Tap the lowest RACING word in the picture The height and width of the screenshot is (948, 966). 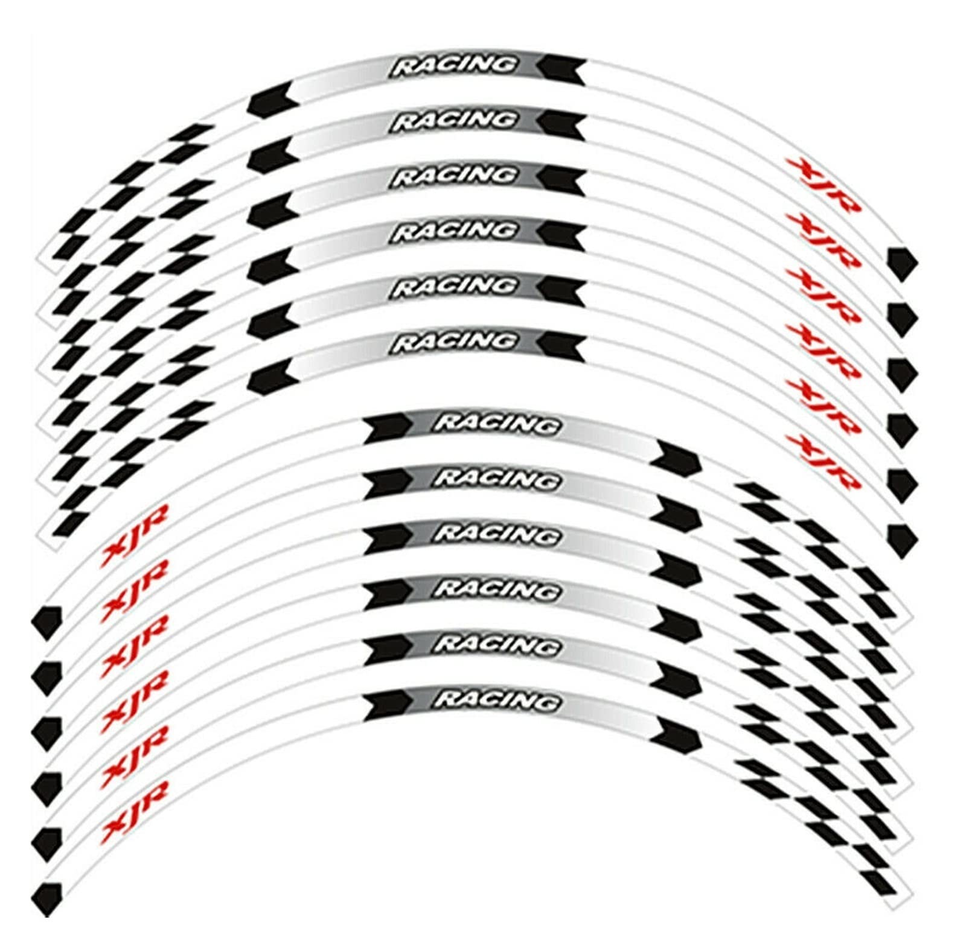(496, 700)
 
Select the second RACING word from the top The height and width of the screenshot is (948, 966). (454, 121)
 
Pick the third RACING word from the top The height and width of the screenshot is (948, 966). (454, 176)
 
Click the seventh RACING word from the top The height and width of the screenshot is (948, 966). (496, 424)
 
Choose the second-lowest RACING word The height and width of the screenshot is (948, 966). (496, 645)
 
